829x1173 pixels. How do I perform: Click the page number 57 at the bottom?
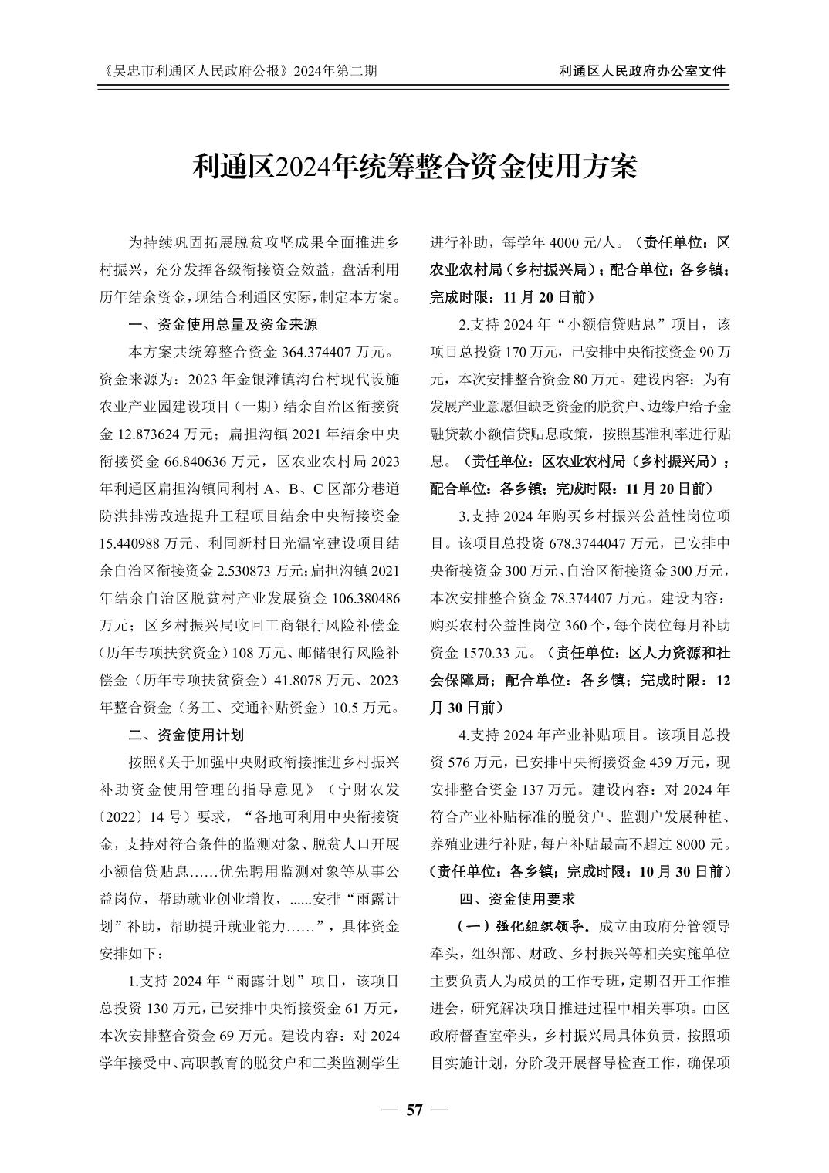tap(414, 1110)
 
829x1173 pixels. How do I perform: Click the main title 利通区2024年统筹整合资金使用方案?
tap(414, 165)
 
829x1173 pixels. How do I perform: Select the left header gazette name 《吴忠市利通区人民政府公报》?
tap(196, 71)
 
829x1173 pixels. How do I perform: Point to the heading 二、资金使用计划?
tap(186, 734)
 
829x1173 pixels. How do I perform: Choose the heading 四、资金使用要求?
tap(516, 899)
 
